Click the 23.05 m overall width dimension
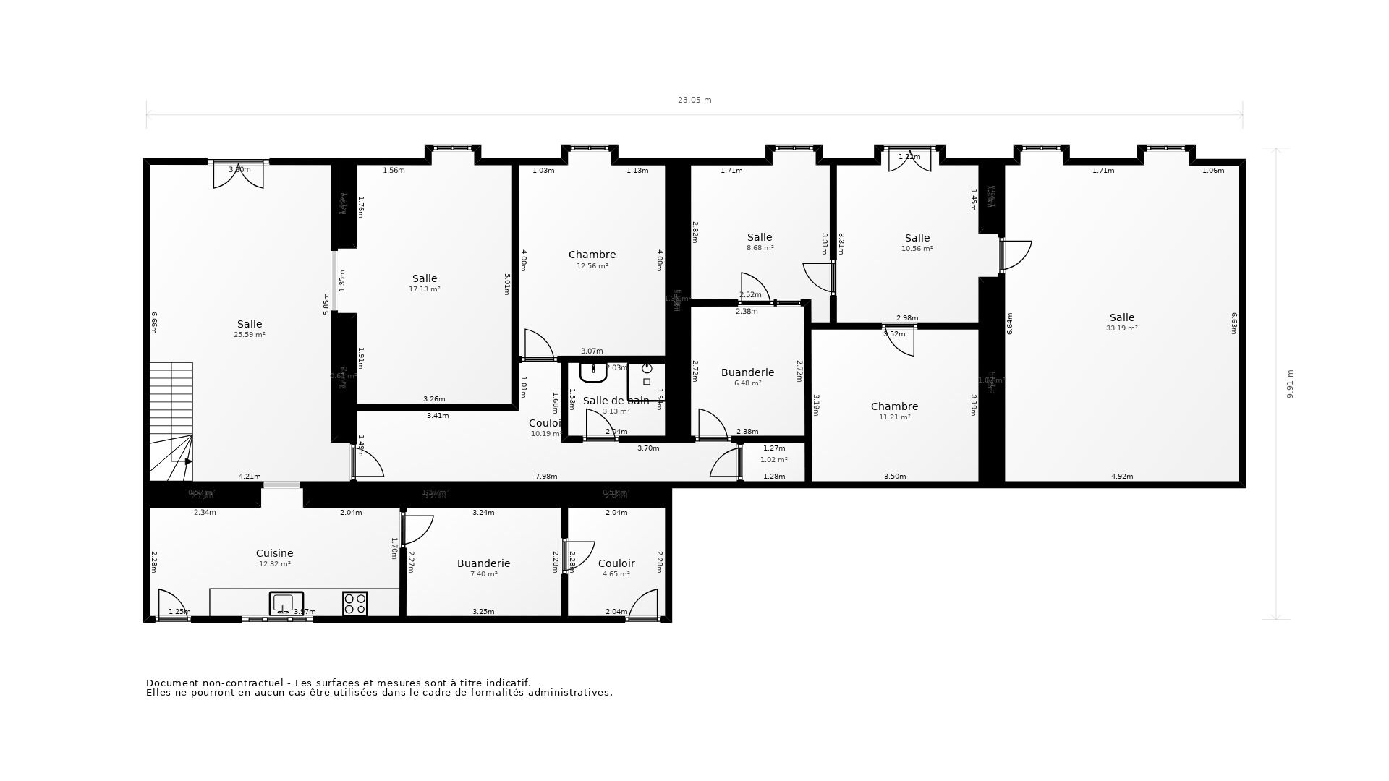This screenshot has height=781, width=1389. point(694,100)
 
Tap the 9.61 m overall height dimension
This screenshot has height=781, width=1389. point(1289,384)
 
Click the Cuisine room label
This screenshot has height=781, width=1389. point(274,553)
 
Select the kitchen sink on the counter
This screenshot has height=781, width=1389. point(285,603)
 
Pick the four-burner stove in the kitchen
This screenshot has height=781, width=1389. point(354,603)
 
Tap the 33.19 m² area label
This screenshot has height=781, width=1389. point(1121,328)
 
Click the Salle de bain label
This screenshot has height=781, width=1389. point(615,401)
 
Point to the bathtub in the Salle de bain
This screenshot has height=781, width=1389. point(593,372)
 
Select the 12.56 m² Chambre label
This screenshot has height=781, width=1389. point(592,255)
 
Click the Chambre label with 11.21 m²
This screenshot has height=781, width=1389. point(894,406)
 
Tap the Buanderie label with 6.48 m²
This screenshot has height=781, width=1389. point(747,372)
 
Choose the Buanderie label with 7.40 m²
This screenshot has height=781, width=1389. point(483,563)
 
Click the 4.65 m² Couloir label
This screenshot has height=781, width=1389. point(616,563)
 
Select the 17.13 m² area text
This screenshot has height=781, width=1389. point(425,289)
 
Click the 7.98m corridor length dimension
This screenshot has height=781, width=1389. point(546,477)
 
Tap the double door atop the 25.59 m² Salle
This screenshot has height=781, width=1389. point(238,174)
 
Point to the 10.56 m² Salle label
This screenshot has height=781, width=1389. point(917,238)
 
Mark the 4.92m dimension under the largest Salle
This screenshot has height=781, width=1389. point(1122,477)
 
